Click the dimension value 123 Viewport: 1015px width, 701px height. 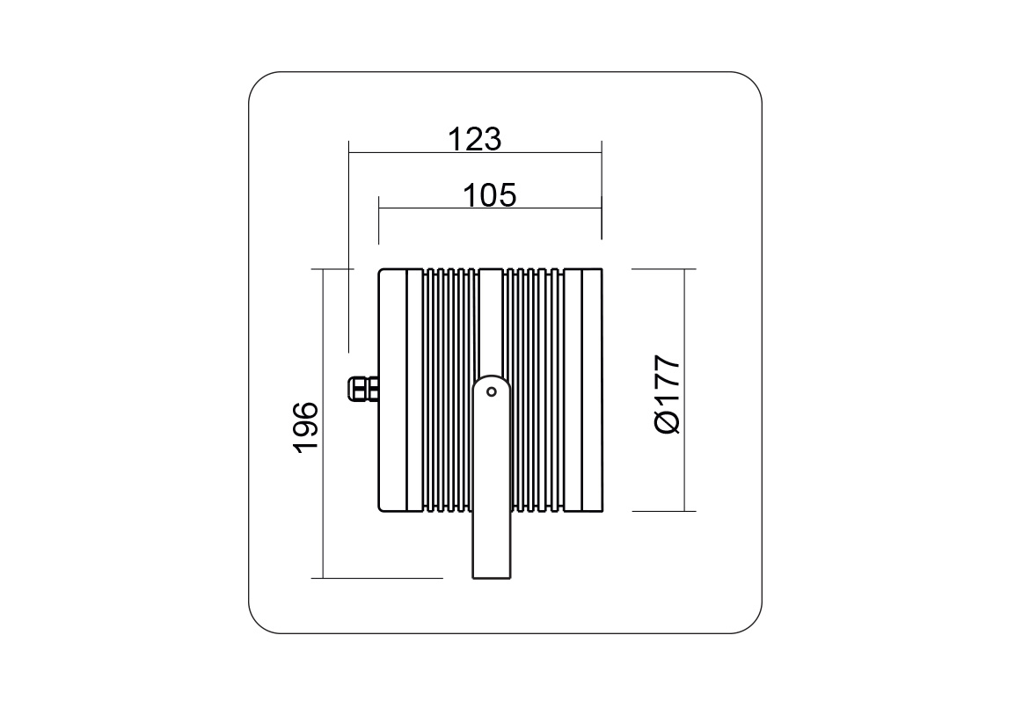(474, 139)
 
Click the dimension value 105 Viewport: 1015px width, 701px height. (489, 195)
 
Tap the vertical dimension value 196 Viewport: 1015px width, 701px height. (306, 427)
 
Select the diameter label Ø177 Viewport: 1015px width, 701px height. (668, 394)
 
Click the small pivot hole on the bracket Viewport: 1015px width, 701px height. (492, 391)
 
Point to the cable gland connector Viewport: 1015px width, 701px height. (364, 389)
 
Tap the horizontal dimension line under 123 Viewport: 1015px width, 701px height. (475, 153)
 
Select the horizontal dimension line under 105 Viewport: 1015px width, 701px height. (490, 208)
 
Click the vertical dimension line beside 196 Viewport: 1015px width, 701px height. (322, 423)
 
